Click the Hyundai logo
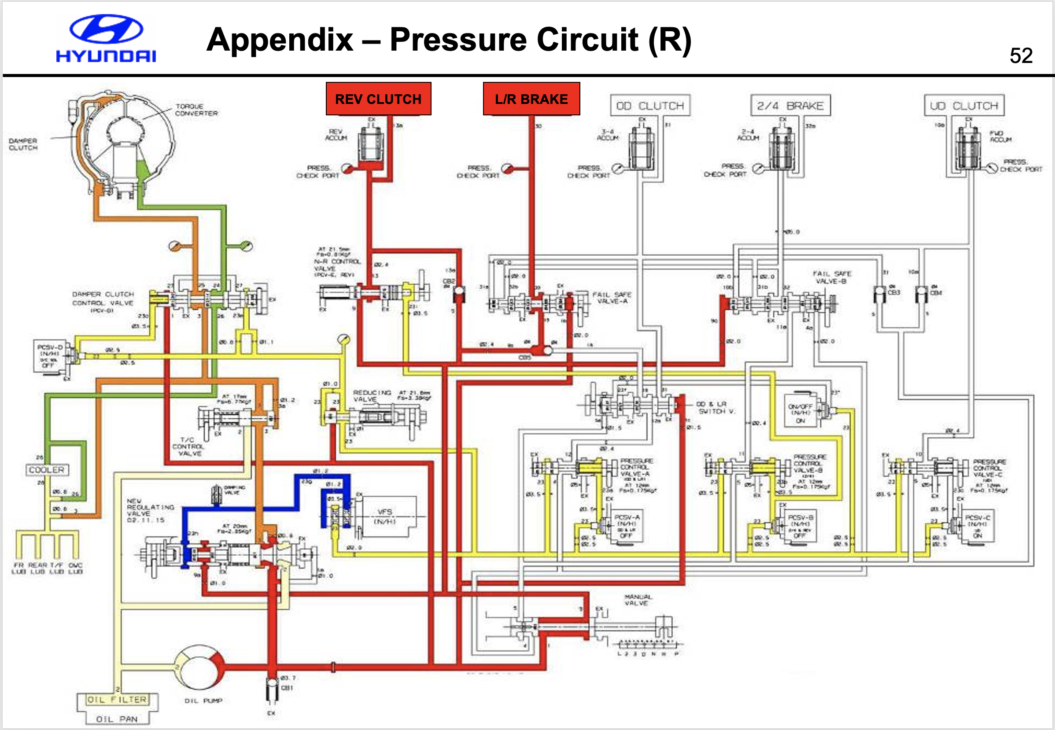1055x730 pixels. click(x=106, y=38)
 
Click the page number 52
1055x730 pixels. click(x=1021, y=56)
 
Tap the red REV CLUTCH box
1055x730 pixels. click(x=378, y=99)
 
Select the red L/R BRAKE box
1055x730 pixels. click(x=531, y=99)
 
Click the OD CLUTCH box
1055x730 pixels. click(x=650, y=106)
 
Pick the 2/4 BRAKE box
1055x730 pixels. click(x=790, y=106)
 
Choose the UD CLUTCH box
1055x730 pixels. click(x=964, y=106)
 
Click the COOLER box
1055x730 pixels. click(x=47, y=470)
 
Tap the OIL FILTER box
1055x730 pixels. click(x=117, y=700)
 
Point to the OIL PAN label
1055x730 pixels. click(x=117, y=719)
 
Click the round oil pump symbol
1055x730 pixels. click(x=200, y=668)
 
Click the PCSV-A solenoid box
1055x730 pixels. click(x=627, y=526)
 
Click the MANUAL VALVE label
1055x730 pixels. click(x=638, y=600)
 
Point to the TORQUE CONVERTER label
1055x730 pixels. click(x=197, y=110)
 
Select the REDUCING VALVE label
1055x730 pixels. click(x=372, y=396)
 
